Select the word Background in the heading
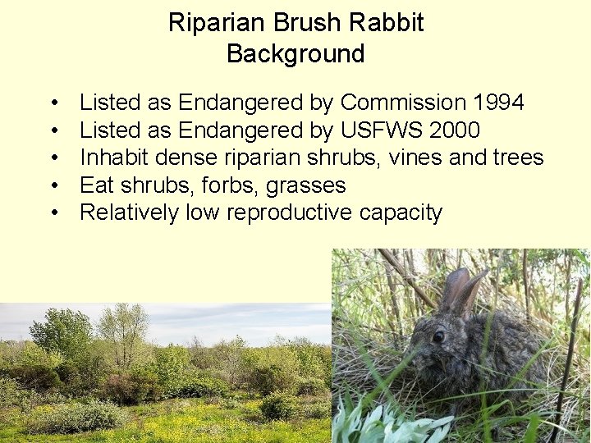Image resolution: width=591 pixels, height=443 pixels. [x=295, y=54]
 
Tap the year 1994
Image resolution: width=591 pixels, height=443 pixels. [x=498, y=103]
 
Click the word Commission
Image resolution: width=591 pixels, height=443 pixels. [x=403, y=103]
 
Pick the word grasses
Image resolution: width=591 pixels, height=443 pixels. [x=305, y=185]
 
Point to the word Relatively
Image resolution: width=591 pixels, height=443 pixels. [x=130, y=213]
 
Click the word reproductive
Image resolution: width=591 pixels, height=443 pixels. [x=291, y=213]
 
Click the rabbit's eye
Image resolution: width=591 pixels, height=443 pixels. [x=439, y=336]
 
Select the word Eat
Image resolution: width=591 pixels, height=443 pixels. [x=98, y=185]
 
